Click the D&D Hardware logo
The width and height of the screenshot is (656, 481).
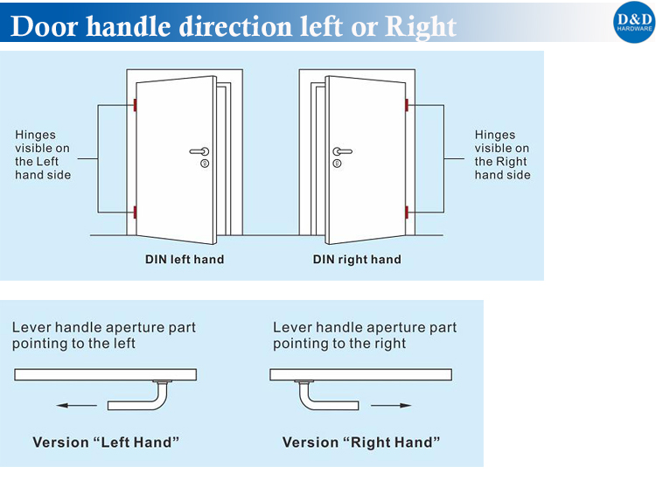click(634, 22)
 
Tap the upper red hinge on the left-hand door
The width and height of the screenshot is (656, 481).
click(135, 105)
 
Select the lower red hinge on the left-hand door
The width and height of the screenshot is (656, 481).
click(135, 212)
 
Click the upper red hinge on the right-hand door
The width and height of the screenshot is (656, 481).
click(407, 105)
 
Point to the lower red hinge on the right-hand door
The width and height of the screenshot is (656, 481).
click(407, 212)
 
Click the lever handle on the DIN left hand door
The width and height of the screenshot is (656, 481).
click(199, 151)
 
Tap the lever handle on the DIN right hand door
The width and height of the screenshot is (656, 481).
click(342, 151)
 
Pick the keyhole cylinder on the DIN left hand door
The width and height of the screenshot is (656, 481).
click(205, 164)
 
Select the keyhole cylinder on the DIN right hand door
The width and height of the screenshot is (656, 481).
click(338, 164)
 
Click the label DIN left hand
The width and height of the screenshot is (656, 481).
click(185, 260)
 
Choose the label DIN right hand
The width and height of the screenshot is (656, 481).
click(357, 260)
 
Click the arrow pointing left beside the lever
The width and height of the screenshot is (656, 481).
click(77, 405)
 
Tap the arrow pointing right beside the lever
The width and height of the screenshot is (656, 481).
click(391, 405)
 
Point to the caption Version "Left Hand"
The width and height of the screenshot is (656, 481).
click(106, 443)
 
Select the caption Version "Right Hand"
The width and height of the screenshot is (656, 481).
click(361, 443)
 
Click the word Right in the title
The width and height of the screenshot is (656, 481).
click(421, 27)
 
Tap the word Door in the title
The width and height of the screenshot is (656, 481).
click(45, 26)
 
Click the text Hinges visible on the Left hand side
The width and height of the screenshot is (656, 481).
click(43, 155)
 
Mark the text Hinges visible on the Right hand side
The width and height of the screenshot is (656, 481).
click(502, 155)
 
